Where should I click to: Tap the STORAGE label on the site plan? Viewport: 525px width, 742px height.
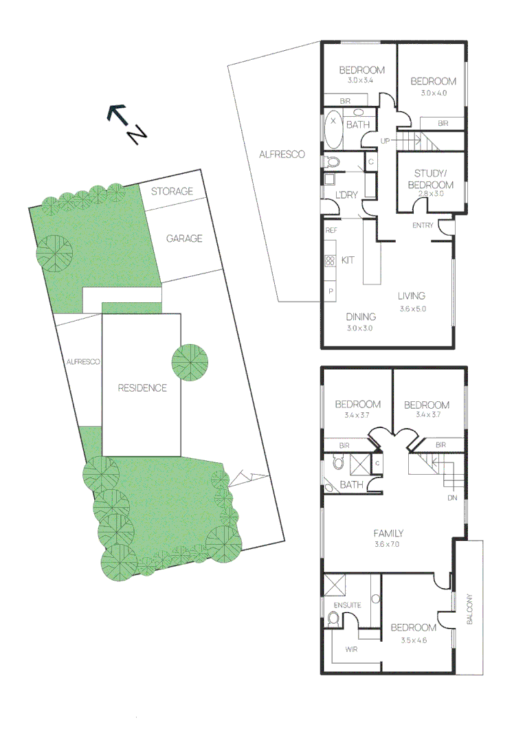tap(172, 191)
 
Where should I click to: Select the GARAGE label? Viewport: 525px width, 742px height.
tap(184, 238)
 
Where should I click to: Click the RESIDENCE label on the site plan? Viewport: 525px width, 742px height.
tap(142, 387)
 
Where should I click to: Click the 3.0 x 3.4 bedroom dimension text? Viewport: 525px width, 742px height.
tap(360, 81)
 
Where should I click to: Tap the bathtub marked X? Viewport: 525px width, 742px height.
tap(333, 128)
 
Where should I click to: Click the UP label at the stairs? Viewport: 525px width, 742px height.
tap(386, 142)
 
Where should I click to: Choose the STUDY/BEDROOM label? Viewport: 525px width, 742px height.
tap(430, 179)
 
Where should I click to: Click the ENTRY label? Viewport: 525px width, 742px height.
tap(423, 226)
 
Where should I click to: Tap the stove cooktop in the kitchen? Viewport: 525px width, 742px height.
tap(328, 261)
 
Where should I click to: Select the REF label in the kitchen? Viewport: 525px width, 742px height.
tap(331, 231)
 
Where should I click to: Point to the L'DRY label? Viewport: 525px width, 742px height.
tap(346, 195)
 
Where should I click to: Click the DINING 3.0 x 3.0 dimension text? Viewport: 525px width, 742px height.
tap(360, 328)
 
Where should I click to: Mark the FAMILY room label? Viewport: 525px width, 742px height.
tap(388, 533)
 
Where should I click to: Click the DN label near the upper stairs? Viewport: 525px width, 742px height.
tap(451, 497)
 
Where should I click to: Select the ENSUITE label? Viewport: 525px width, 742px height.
tap(347, 605)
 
